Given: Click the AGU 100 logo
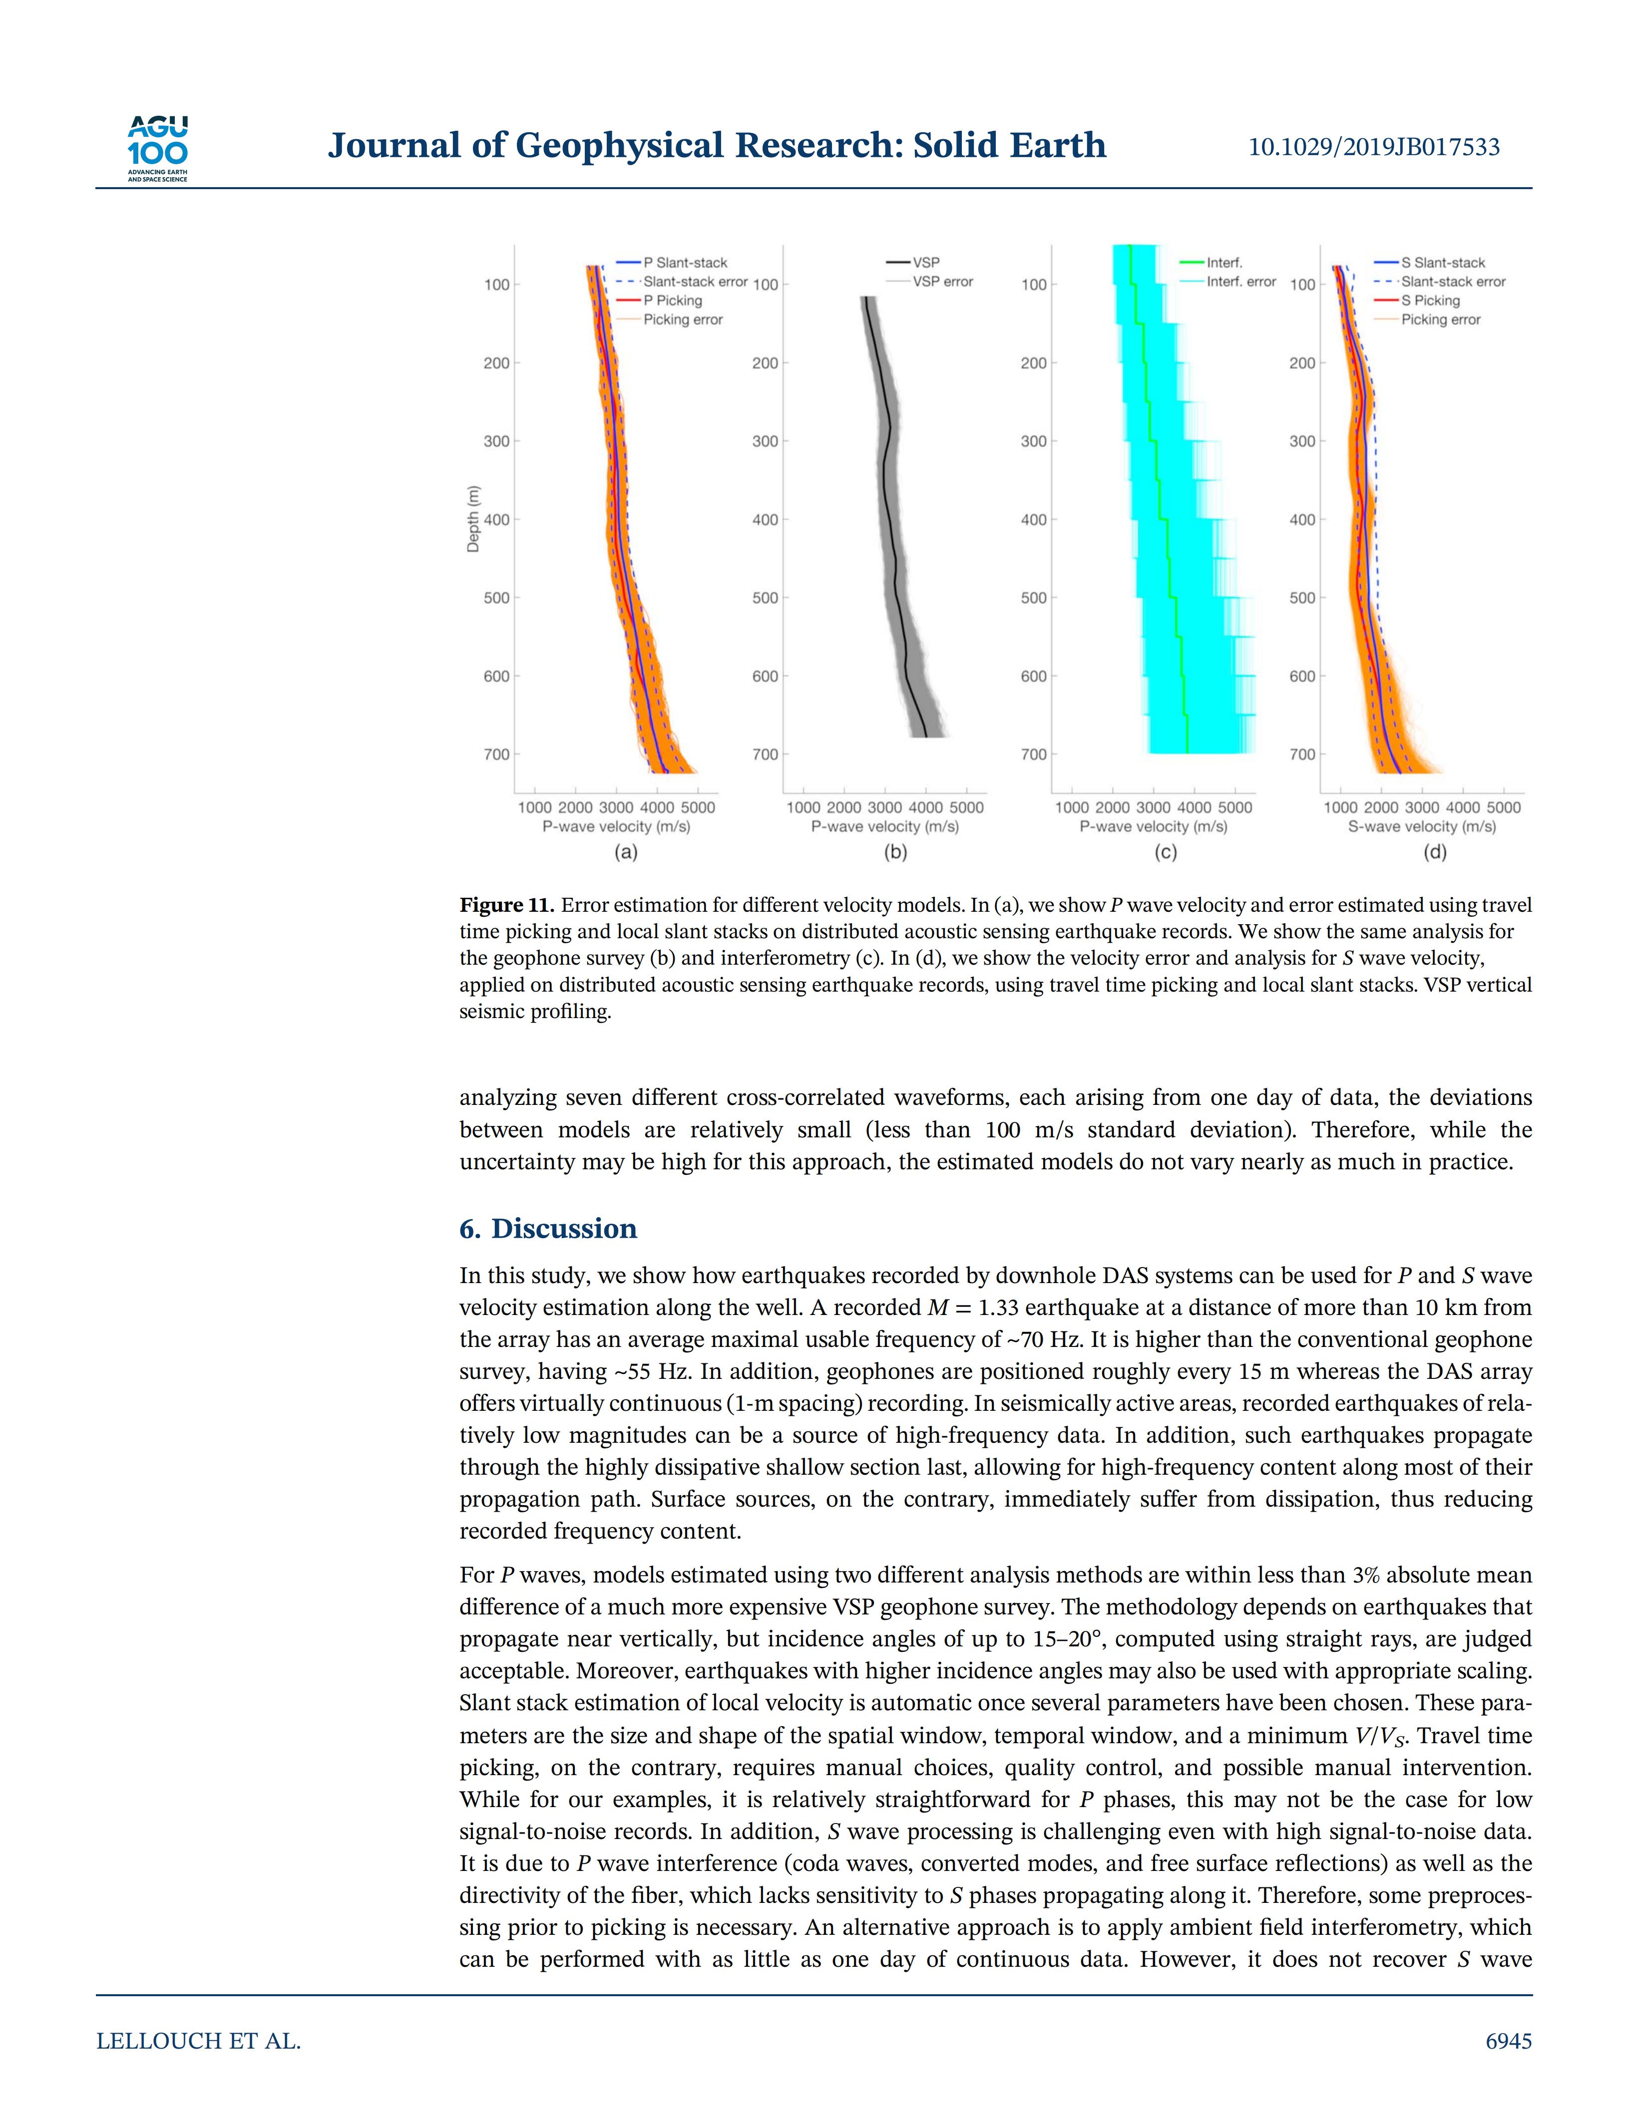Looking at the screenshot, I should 157,148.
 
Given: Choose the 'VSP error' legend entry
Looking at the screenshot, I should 942,282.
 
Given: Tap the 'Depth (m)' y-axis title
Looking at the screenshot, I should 473,520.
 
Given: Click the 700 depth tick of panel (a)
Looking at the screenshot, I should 496,754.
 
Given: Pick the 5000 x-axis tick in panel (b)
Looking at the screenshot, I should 967,807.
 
